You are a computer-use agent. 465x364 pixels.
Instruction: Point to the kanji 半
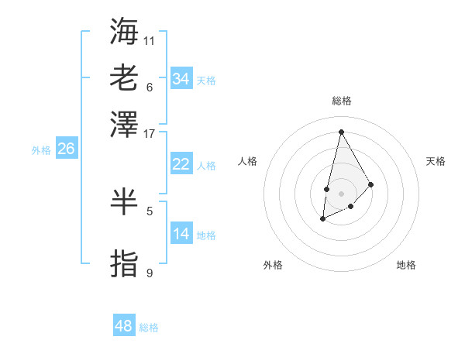pos(124,201)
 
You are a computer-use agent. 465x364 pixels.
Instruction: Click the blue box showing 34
pos(181,79)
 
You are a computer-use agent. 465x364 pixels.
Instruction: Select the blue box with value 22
pos(181,164)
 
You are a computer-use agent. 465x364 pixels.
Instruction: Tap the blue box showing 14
pos(181,234)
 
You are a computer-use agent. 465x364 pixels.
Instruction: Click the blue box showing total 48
pos(124,326)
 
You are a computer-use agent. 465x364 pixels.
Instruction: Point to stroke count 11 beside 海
pos(150,40)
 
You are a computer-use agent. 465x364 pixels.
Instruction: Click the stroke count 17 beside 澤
pos(150,133)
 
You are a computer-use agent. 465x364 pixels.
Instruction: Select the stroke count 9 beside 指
pos(150,273)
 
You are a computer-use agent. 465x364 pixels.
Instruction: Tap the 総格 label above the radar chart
pos(341,101)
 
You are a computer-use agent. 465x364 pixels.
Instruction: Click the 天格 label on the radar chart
pos(436,161)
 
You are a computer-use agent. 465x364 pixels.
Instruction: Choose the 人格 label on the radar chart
pos(247,161)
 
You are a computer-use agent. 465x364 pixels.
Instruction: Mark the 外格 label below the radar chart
pos(273,266)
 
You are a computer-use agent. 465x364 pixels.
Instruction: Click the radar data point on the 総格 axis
pos(341,131)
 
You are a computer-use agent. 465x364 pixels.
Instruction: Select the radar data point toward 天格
pos(371,184)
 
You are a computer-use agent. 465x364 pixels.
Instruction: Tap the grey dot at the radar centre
pos(341,193)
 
